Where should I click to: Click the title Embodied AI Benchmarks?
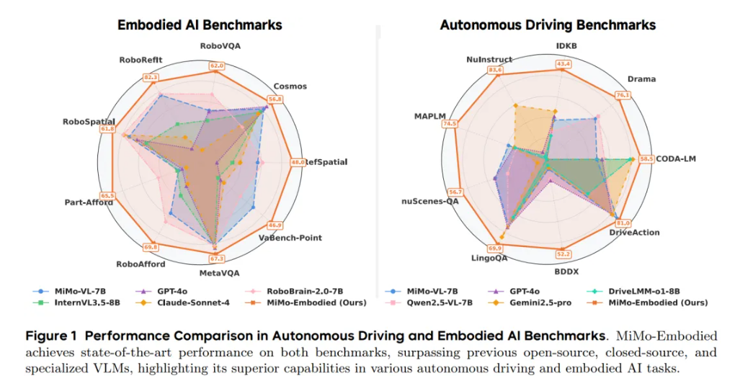(x=200, y=25)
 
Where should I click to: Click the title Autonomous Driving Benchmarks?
(x=548, y=25)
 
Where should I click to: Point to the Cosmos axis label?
(x=290, y=86)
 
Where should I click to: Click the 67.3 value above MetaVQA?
(x=217, y=259)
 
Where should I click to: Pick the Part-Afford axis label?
(x=88, y=202)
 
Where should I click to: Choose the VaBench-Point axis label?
(x=290, y=238)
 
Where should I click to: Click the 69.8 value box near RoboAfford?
(x=151, y=247)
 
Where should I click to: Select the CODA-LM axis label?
(x=674, y=158)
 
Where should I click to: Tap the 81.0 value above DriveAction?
(x=623, y=223)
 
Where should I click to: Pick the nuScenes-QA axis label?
(x=430, y=202)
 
